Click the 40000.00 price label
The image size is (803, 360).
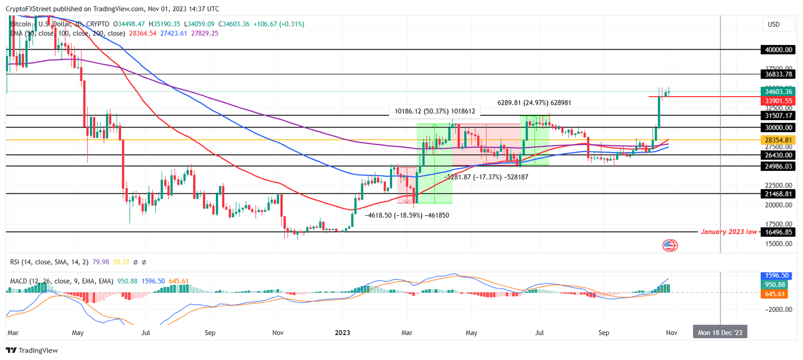[778, 50]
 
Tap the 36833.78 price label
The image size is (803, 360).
[778, 74]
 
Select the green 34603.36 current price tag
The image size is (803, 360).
[778, 91]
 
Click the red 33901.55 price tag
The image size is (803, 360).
[778, 101]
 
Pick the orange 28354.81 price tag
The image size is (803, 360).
[778, 140]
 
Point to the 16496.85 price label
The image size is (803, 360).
[778, 232]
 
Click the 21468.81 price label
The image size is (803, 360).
[778, 194]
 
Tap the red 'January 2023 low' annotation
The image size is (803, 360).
[729, 232]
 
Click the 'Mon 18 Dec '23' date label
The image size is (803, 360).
[720, 332]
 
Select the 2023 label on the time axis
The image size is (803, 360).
[342, 332]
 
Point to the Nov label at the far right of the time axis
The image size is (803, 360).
[672, 332]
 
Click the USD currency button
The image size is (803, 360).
[773, 24]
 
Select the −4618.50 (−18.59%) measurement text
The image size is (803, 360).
[407, 215]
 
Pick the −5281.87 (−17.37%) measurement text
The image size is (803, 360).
[486, 178]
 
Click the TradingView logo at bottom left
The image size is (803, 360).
[32, 351]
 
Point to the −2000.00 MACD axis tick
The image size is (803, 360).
[777, 309]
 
